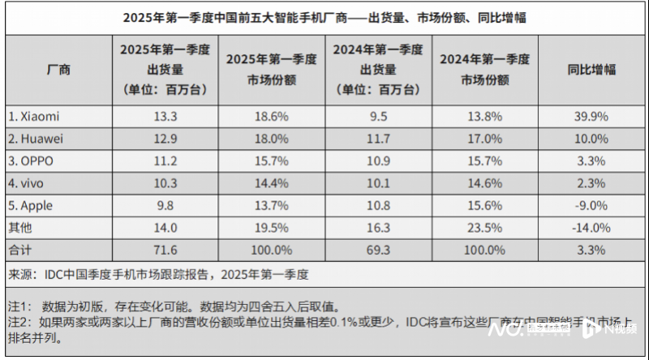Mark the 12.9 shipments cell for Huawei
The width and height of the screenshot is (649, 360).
pos(165,139)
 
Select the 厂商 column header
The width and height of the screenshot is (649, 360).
pos(59,70)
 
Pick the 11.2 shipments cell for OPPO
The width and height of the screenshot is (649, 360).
pos(165,160)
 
